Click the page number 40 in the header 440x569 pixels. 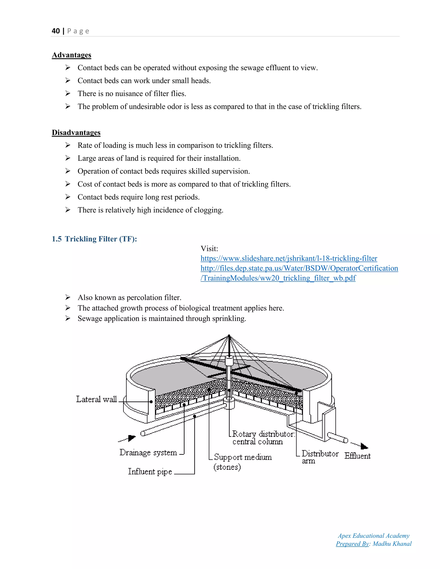pos(56,31)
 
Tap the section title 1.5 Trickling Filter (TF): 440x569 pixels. pos(94,239)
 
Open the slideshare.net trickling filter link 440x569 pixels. pos(289,259)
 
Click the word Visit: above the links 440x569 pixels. pos(209,249)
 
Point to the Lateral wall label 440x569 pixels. pos(96,399)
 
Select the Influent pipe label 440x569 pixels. pos(150,472)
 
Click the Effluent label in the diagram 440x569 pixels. pos(357,456)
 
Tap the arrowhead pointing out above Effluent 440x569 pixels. pos(364,447)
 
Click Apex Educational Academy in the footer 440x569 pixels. pos(374,536)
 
